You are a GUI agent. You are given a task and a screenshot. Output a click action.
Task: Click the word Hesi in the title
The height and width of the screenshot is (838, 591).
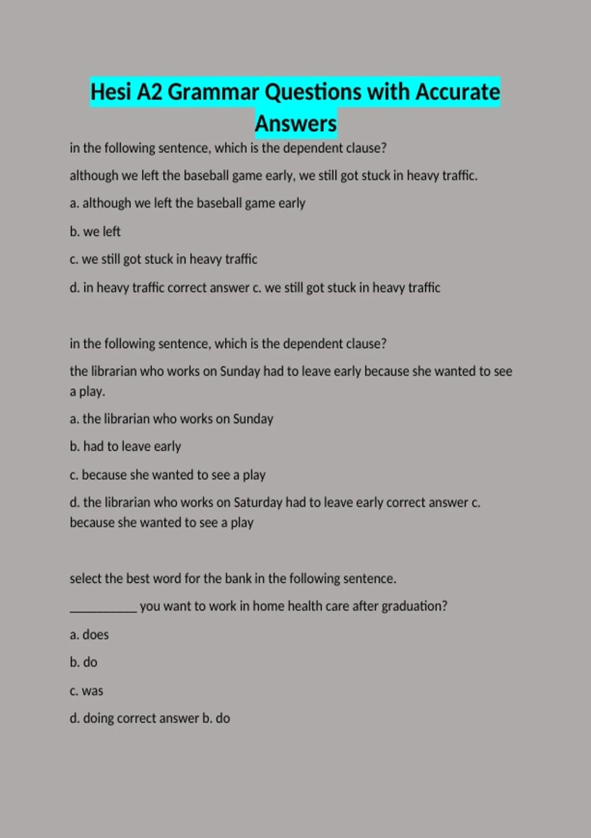point(111,92)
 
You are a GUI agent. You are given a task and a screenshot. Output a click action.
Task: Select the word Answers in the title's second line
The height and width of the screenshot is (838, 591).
point(295,124)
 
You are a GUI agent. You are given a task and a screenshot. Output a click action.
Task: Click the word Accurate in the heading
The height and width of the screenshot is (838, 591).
point(458,92)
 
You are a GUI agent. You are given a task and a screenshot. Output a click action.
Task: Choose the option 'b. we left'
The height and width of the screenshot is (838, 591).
point(95,231)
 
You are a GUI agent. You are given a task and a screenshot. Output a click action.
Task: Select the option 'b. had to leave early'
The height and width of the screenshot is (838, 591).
point(126,447)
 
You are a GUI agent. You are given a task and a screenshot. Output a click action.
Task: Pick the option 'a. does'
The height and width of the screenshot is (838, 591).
point(89,634)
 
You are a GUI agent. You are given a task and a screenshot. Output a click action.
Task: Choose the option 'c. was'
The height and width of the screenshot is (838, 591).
point(87,691)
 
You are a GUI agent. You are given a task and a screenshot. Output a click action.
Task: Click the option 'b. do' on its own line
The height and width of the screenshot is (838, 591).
point(84,662)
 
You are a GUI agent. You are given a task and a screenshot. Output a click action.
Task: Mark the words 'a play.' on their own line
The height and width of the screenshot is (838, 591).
point(88,392)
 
